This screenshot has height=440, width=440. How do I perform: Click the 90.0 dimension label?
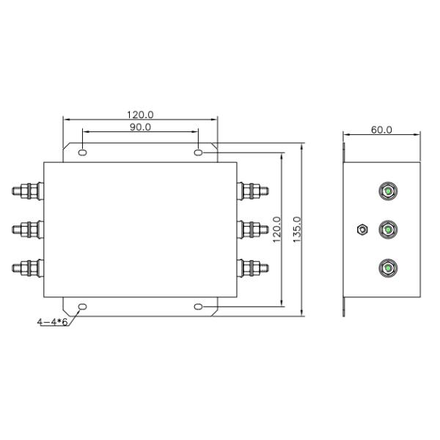[140, 128]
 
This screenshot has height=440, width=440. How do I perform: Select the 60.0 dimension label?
[381, 130]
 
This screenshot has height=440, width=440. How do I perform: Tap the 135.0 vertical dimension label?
[297, 230]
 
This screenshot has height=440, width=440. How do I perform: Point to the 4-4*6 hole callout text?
[53, 322]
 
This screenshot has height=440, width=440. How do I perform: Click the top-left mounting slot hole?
[82, 153]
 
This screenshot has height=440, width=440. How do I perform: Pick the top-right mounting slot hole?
[199, 153]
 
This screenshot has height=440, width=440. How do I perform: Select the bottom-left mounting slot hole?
[82, 307]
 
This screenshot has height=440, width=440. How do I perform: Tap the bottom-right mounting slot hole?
[199, 307]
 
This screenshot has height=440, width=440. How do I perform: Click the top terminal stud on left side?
[28, 191]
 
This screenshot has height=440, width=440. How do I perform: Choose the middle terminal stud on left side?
[28, 230]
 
